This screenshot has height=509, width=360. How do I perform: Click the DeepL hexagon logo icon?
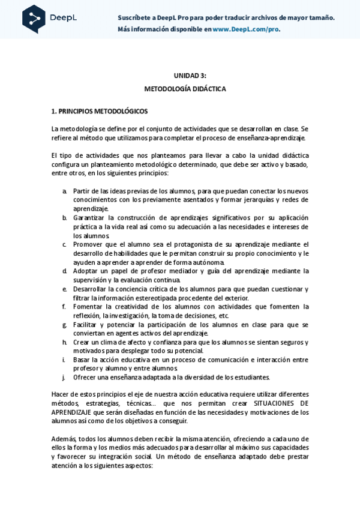click(34, 19)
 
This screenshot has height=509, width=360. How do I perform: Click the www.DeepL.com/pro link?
click(246, 28)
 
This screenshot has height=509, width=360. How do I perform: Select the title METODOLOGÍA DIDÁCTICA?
click(185, 88)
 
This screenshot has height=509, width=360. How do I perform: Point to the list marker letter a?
click(64, 190)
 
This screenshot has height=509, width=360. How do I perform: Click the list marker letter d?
click(64, 271)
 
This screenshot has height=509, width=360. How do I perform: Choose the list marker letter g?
click(64, 324)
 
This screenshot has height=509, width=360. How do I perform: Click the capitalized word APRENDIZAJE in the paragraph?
click(71, 412)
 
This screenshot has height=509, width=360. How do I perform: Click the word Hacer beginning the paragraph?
click(60, 394)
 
